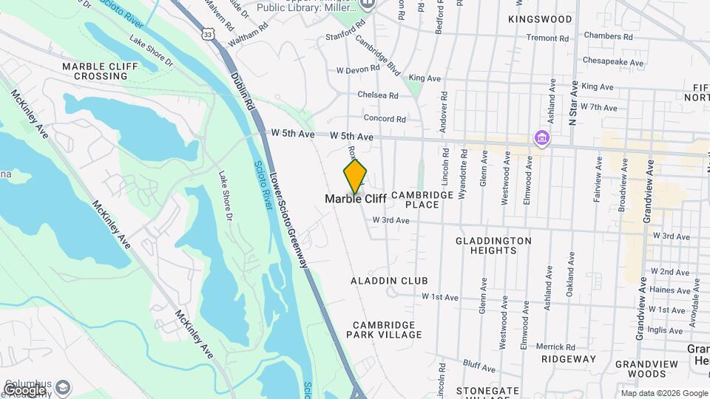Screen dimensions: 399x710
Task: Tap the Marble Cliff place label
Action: click(356, 199)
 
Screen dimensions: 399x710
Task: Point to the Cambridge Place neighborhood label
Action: click(422, 199)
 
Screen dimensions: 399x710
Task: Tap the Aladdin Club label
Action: click(390, 281)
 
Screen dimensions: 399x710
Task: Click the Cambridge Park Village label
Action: click(387, 330)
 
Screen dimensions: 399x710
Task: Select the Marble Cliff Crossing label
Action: click(95, 71)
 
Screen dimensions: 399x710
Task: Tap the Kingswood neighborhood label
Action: click(541, 18)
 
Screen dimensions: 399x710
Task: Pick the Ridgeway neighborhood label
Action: click(568, 359)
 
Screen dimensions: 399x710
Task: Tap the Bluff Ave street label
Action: click(479, 364)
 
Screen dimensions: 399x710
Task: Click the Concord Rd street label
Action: click(385, 118)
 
